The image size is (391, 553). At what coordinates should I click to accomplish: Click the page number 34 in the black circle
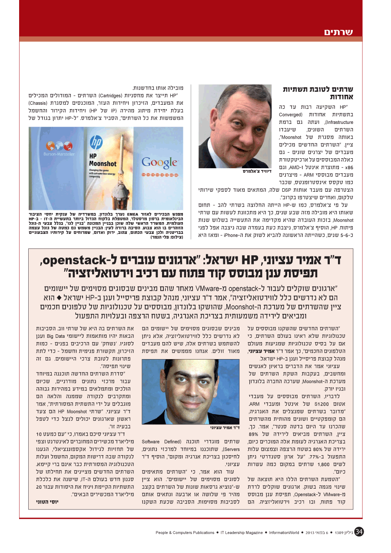point(359,532)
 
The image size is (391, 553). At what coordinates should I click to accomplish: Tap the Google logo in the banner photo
point(159,163)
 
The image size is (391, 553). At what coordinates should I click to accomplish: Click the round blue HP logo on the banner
point(96,142)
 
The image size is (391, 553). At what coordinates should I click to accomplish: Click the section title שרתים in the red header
point(338,32)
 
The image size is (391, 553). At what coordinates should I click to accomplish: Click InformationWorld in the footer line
point(284,532)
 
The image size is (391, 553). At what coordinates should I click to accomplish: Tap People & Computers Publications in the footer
point(185,532)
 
